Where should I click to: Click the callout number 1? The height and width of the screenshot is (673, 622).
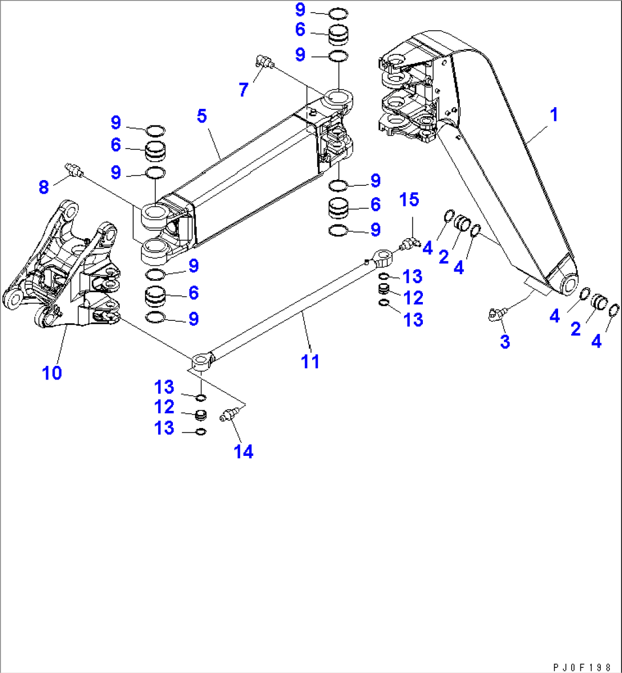click(553, 115)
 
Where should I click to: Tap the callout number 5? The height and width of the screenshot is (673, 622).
click(201, 116)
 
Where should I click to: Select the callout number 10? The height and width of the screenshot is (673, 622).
click(51, 373)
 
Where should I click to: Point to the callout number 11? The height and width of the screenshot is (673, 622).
click(310, 361)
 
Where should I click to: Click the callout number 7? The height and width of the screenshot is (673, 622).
click(244, 89)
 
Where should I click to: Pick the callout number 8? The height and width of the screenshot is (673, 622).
click(44, 186)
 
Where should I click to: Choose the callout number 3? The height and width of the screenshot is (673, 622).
click(504, 342)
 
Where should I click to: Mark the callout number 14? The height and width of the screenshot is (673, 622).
click(244, 452)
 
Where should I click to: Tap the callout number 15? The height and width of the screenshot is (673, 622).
click(409, 200)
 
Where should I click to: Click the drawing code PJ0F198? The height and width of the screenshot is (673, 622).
click(582, 667)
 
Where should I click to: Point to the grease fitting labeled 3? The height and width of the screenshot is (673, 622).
click(495, 313)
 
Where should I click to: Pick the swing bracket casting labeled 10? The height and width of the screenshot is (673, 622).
click(63, 268)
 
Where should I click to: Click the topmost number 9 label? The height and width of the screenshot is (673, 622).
click(300, 10)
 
